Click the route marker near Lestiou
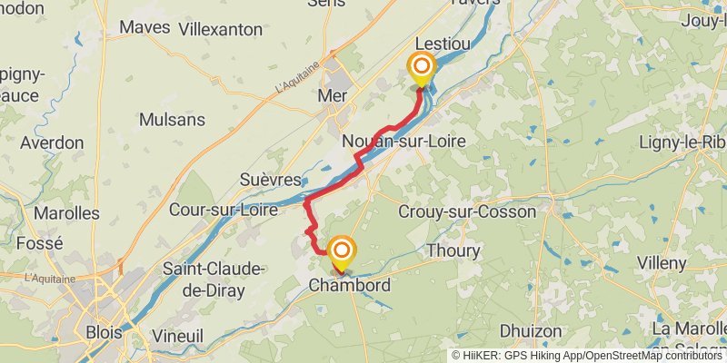[x=421, y=68]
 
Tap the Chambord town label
[x=350, y=286]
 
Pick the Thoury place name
[x=453, y=250]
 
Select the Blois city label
[x=104, y=332]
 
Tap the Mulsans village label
[x=172, y=120]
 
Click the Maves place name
[x=144, y=27]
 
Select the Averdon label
[x=52, y=143]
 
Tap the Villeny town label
[x=662, y=263]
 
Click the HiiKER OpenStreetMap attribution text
[x=587, y=355]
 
